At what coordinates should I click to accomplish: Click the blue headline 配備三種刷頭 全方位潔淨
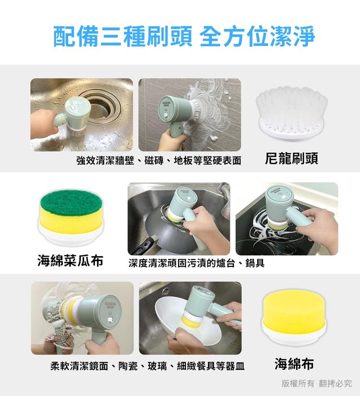[x=184, y=36]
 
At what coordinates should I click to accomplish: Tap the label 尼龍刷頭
[x=291, y=159]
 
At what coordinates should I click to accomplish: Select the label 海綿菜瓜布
[x=71, y=261]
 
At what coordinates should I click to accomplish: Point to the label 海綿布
[x=294, y=364]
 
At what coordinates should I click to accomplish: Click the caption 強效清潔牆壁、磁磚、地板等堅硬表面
[x=159, y=160]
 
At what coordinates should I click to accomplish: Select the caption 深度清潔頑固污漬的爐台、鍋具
[x=196, y=263]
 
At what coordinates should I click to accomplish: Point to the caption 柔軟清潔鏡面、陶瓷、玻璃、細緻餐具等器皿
[x=147, y=366]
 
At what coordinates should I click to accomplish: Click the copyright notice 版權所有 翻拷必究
[x=316, y=384]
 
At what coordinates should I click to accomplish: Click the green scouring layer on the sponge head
[x=71, y=202]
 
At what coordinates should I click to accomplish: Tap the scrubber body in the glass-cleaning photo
[x=100, y=316]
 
